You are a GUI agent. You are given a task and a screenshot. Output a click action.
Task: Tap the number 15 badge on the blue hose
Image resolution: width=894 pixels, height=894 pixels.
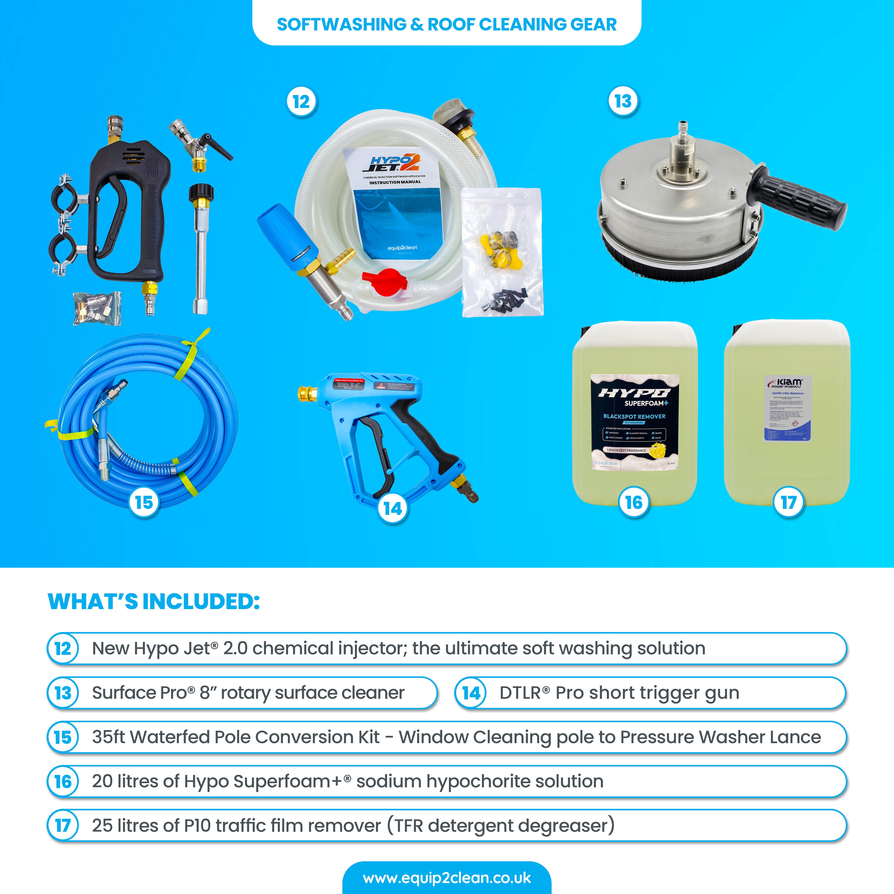click(x=144, y=502)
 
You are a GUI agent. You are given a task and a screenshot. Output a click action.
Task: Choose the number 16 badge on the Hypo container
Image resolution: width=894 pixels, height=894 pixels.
click(x=634, y=502)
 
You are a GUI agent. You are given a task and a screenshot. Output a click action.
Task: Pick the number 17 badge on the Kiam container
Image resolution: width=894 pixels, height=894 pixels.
click(x=788, y=502)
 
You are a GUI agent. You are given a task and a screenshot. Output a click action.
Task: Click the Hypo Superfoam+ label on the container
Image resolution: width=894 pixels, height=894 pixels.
click(x=634, y=421)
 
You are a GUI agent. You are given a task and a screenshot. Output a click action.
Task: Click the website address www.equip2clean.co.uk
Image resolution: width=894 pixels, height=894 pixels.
click(x=446, y=878)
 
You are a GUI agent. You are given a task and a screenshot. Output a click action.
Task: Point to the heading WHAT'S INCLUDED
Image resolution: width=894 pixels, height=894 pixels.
click(x=154, y=602)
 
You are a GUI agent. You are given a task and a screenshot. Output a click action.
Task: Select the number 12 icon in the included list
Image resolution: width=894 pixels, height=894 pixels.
click(x=63, y=648)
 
